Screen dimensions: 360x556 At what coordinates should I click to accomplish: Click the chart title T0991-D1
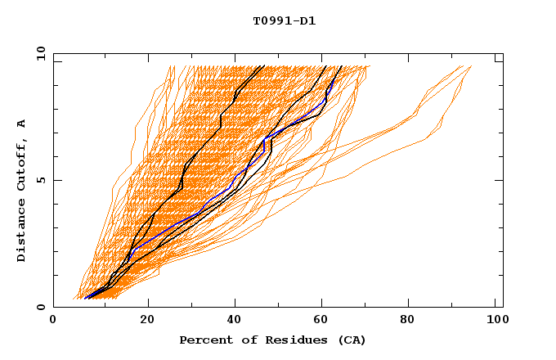284,21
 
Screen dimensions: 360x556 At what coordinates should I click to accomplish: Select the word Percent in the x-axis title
203,340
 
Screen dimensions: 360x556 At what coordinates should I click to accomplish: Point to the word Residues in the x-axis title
282,340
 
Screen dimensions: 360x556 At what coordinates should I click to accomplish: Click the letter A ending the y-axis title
22,124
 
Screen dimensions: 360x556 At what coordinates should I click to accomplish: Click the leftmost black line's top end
263,66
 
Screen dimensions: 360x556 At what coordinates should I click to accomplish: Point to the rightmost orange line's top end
471,66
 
